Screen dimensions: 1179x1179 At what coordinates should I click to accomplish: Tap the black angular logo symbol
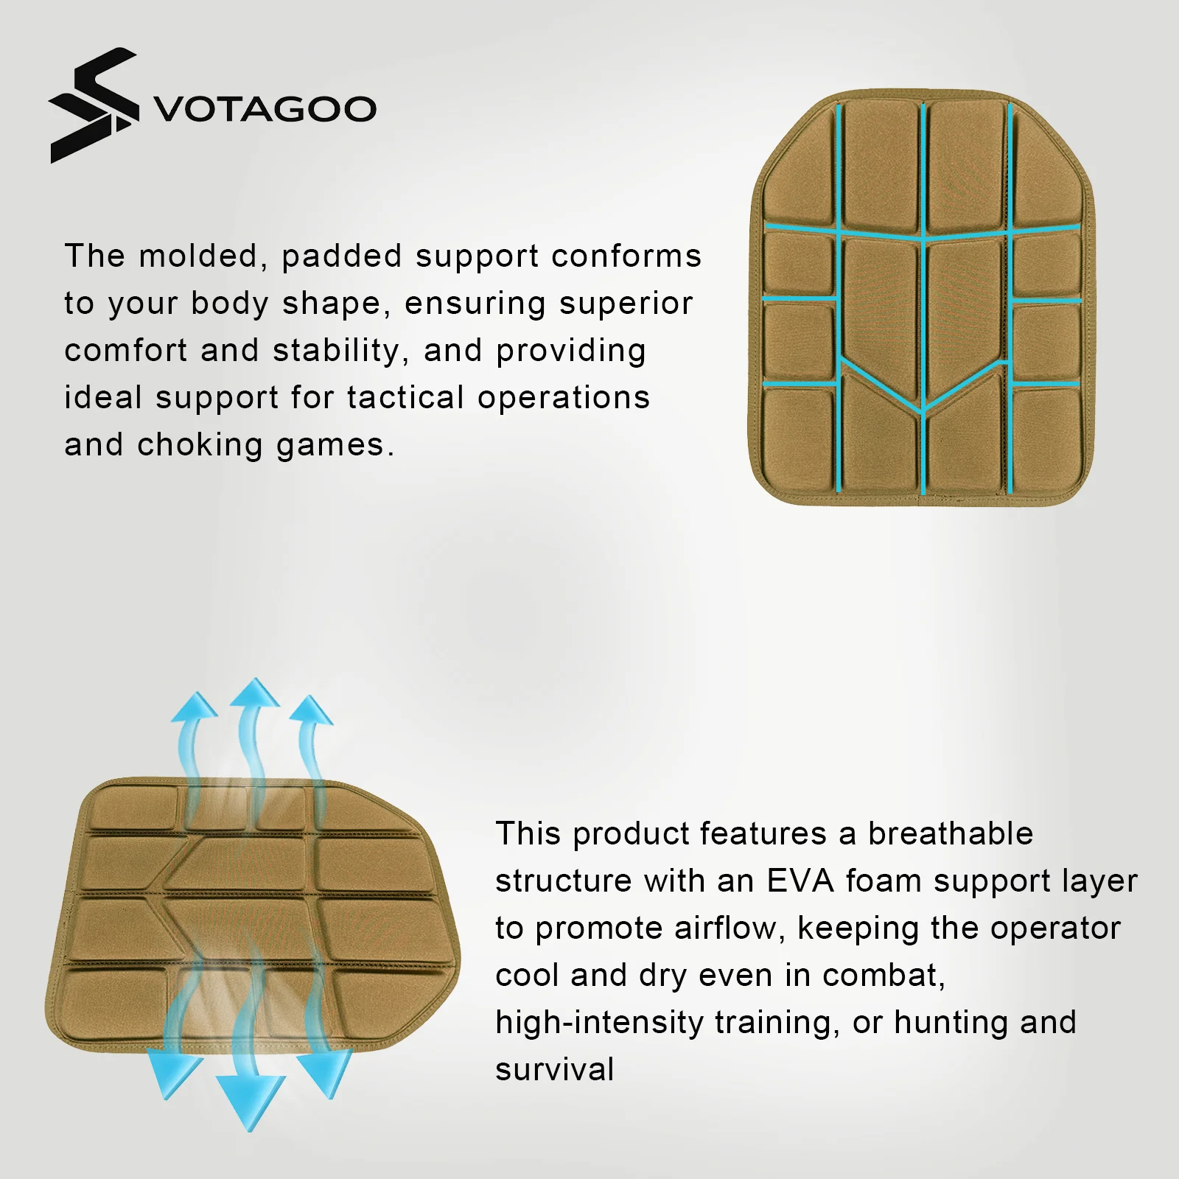pyautogui.click(x=94, y=105)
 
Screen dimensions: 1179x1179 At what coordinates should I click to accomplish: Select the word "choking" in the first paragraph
pyautogui.click(x=200, y=445)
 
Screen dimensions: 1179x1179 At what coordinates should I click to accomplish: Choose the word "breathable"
pyautogui.click(x=951, y=833)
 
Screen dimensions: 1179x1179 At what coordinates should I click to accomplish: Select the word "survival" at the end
pyautogui.click(x=554, y=1070)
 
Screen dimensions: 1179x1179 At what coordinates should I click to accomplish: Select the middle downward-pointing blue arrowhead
pyautogui.click(x=251, y=1103)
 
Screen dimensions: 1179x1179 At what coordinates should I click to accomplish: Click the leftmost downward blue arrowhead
pyautogui.click(x=172, y=1075)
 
